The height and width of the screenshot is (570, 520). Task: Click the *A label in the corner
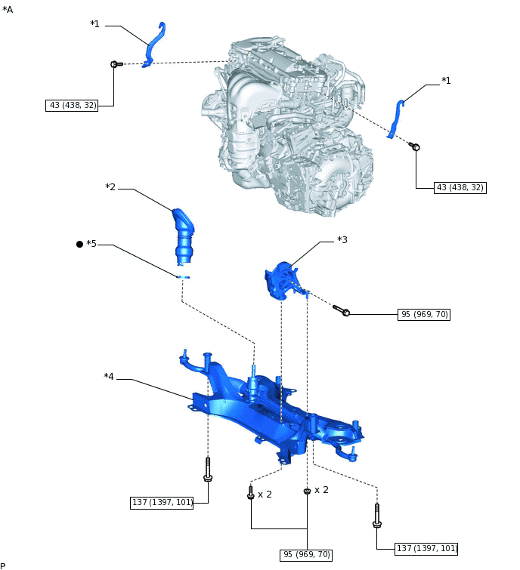[x=8, y=9]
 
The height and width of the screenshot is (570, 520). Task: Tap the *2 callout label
[x=110, y=187]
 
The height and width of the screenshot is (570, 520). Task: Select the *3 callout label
[x=342, y=240]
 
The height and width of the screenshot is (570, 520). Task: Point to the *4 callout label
[x=109, y=376]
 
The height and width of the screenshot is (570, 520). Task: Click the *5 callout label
[x=91, y=244]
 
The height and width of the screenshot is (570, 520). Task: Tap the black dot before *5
[x=79, y=244]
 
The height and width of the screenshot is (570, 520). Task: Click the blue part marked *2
[x=184, y=236]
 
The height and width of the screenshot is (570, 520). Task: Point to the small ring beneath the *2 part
[x=183, y=277]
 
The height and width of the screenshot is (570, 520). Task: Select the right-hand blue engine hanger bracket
[x=396, y=117]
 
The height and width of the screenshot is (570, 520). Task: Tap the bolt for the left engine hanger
[x=116, y=65]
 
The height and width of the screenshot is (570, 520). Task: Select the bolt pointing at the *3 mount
[x=341, y=310]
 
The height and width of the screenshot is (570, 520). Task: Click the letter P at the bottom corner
[x=3, y=565]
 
